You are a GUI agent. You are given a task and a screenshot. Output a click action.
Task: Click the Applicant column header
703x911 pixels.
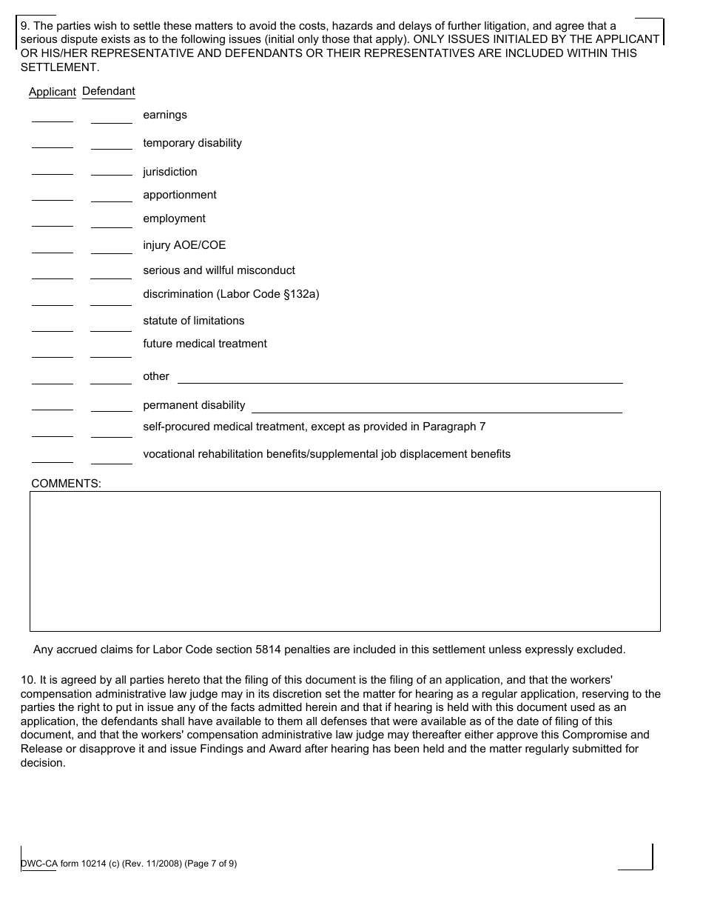tap(52, 92)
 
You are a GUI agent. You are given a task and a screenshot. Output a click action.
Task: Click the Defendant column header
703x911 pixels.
tap(109, 91)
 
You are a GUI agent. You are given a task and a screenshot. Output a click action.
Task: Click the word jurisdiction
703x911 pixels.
tap(169, 172)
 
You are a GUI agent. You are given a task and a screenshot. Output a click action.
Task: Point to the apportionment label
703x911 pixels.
tap(180, 195)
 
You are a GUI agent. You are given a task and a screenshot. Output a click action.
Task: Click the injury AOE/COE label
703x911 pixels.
tap(184, 245)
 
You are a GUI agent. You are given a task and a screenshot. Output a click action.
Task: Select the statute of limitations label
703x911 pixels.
tap(193, 321)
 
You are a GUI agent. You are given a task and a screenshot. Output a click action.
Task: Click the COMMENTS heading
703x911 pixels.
tap(66, 484)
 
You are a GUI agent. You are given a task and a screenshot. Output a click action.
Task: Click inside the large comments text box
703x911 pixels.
tap(345, 561)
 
